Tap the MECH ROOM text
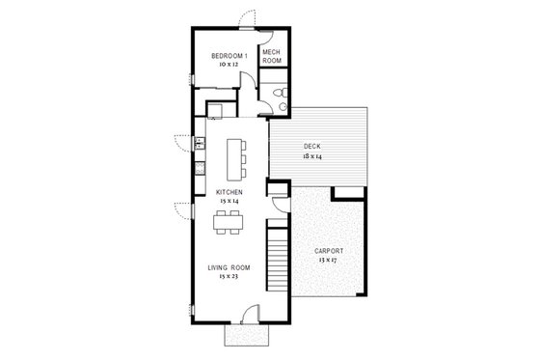[x=272, y=56]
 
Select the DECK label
[x=311, y=146]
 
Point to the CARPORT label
[x=327, y=251]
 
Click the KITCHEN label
[x=229, y=192]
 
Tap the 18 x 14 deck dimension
[x=311, y=154]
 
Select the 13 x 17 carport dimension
[x=327, y=260]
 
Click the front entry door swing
[x=250, y=312]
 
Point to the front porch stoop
[x=247, y=334]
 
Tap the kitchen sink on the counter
[x=201, y=145]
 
